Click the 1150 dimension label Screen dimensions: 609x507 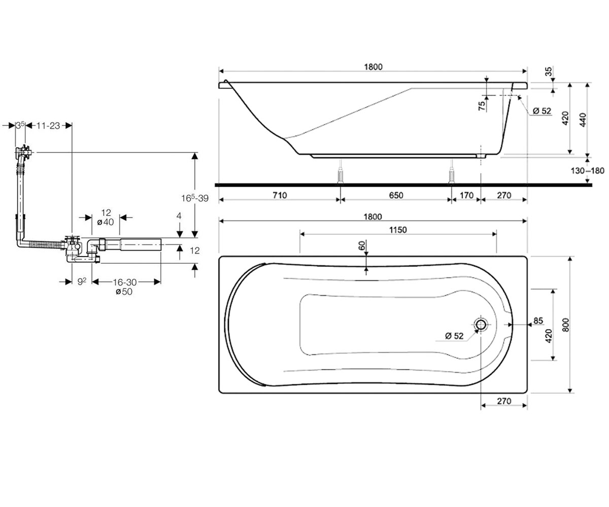pyautogui.click(x=398, y=230)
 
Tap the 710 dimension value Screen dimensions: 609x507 pyautogui.click(x=280, y=195)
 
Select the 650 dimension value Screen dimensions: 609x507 pyautogui.click(x=396, y=195)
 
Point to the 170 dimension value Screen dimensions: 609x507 pyautogui.click(x=466, y=195)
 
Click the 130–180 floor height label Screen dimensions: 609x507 pyautogui.click(x=587, y=170)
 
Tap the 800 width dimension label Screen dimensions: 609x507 pyautogui.click(x=565, y=324)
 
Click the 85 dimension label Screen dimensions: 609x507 pyautogui.click(x=538, y=321)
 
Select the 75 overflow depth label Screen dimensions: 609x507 pyautogui.click(x=483, y=105)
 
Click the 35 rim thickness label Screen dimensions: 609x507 pyautogui.click(x=549, y=71)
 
